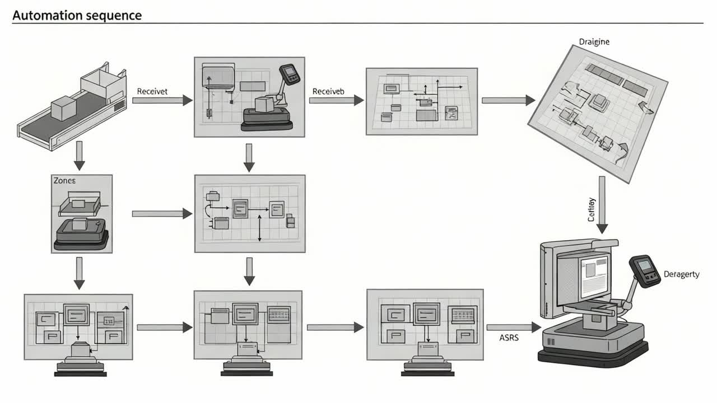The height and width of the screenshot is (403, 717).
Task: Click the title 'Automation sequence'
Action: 77,15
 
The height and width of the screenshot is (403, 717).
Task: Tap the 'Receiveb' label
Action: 328,91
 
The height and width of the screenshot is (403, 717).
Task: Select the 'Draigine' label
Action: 594,41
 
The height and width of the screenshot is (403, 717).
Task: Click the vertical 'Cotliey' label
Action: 592,209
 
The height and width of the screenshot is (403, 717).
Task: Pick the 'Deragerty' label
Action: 681,274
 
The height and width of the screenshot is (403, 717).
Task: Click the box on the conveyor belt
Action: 62,106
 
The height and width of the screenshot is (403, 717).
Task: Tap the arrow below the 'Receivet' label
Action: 162,101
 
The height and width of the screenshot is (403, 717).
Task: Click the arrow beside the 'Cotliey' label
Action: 602,204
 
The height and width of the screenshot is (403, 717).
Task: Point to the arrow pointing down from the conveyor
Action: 80,155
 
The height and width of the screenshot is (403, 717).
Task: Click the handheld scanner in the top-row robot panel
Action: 289,74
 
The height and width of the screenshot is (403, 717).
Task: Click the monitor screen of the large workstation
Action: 594,274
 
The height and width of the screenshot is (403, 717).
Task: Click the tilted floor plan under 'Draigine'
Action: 598,112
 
